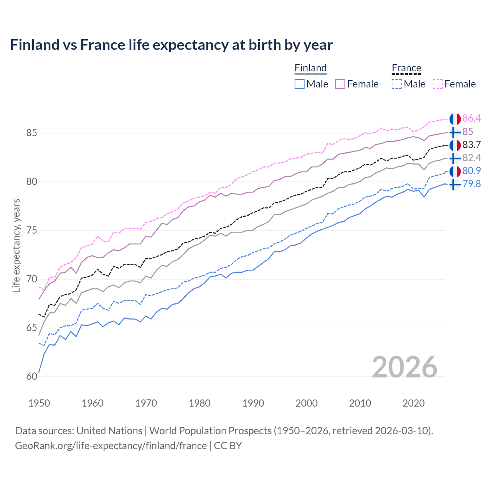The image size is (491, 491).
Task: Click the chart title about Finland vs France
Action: [171, 45]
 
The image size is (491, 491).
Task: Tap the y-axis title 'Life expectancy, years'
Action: [16, 245]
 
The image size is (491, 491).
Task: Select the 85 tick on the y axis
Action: [31, 133]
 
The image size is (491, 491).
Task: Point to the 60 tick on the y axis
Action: [31, 377]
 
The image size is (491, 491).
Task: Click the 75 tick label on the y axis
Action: [31, 231]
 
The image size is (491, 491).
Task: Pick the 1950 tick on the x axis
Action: [39, 403]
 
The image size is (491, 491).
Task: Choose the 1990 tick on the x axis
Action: [253, 403]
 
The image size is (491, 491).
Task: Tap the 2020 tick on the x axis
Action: [414, 403]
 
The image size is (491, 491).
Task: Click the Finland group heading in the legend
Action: [310, 68]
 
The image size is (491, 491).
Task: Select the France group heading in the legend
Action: [406, 68]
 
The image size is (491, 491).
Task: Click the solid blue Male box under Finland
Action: [300, 84]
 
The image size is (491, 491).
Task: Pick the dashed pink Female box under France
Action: [438, 84]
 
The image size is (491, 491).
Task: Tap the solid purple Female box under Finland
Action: [340, 84]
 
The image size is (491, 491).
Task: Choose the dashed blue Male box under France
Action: [397, 84]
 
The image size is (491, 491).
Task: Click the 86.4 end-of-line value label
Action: [471, 119]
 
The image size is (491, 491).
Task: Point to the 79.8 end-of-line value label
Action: [471, 184]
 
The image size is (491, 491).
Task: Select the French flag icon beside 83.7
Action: [455, 145]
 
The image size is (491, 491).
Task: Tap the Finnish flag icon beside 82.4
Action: [455, 158]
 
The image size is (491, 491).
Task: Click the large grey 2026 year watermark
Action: [404, 367]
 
